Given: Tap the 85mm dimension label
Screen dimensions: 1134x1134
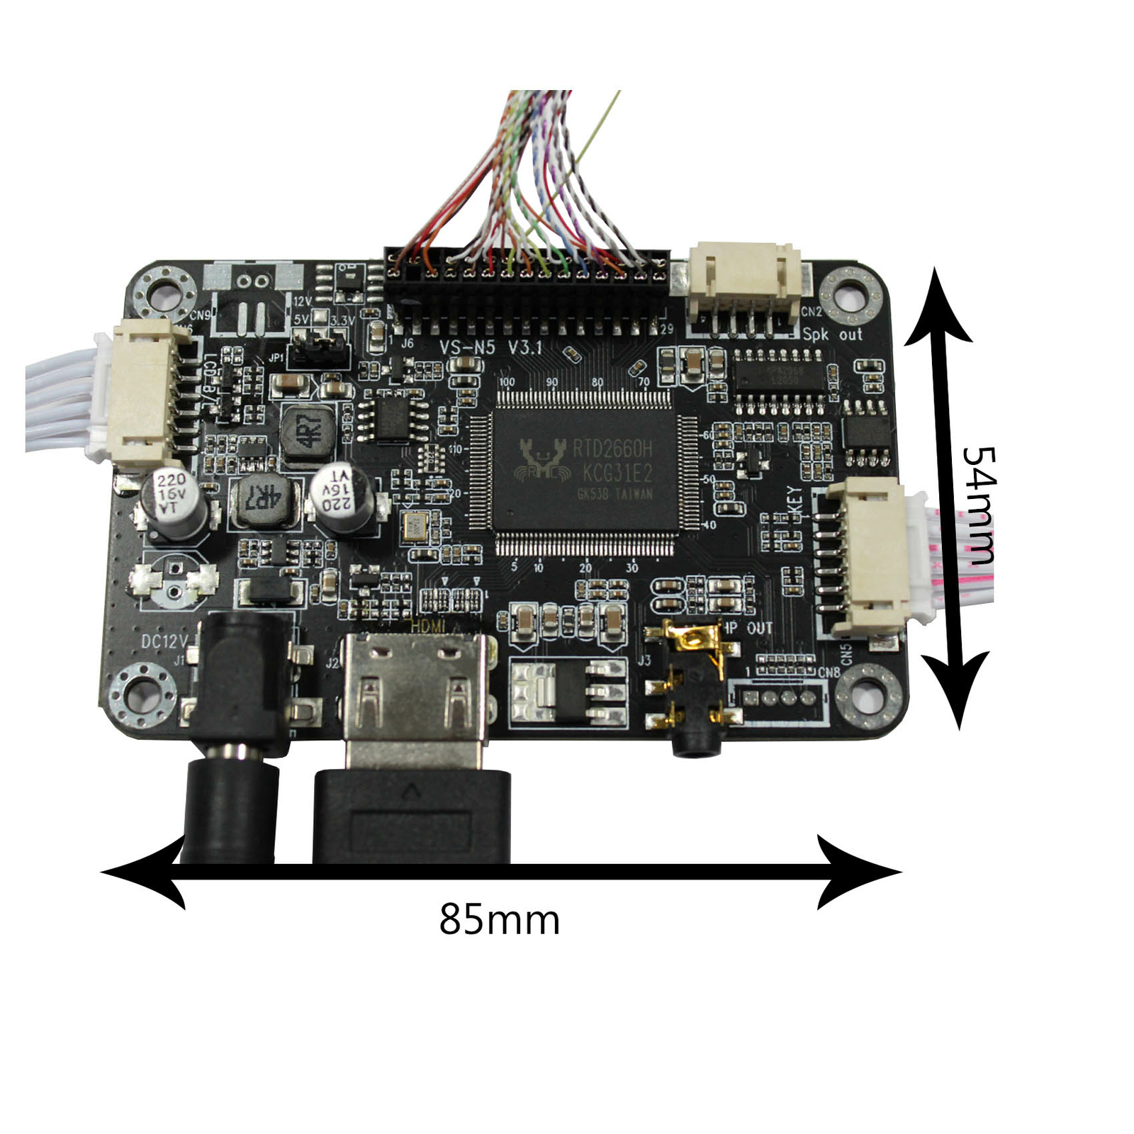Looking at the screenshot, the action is pos(499,920).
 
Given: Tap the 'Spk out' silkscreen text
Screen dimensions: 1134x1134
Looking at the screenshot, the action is pos(832,334).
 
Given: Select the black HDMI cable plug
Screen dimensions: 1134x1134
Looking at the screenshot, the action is pos(411,815).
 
